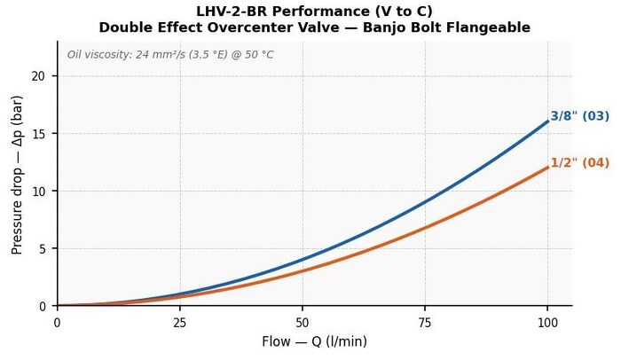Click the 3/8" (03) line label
coord(580,116)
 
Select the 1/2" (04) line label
coord(580,163)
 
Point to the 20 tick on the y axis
coord(38,76)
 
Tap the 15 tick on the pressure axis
coord(38,134)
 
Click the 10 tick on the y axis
coord(38,191)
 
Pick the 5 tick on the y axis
coord(42,248)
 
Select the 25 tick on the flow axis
coord(180,323)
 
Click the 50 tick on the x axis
coord(303,323)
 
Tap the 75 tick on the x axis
coord(425,323)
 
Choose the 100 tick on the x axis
coord(547,323)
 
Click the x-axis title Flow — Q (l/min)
coord(314,341)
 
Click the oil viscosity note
coord(170,54)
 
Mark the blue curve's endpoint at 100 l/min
coord(547,121)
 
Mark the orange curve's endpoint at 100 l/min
coord(547,168)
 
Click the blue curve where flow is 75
coord(425,202)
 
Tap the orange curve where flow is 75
coord(425,228)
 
